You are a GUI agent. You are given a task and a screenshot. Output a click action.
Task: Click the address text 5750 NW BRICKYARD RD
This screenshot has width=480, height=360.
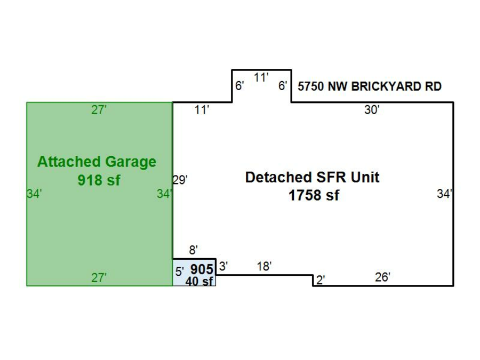[370, 86]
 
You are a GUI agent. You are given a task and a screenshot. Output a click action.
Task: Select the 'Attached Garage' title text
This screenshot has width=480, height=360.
[97, 162]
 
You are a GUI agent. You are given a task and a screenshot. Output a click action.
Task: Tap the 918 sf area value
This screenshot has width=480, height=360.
[99, 180]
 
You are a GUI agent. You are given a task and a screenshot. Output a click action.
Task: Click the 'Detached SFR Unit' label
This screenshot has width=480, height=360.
[313, 178]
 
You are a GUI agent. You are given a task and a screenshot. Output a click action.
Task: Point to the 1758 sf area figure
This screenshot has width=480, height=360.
[314, 196]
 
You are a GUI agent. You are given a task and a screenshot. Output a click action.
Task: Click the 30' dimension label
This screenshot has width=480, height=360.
[372, 110]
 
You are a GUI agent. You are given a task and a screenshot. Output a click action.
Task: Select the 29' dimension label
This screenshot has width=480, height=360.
[180, 180]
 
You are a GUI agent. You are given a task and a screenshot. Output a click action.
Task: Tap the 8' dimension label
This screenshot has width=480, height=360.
[194, 250]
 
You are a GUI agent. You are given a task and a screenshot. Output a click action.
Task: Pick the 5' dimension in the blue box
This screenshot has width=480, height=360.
[180, 271]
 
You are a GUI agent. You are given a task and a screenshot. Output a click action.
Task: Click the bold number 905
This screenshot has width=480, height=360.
[202, 269]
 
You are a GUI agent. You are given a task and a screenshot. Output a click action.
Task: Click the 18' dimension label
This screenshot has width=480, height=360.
[265, 267]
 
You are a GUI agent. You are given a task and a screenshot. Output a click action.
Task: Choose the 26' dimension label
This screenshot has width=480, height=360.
[382, 277]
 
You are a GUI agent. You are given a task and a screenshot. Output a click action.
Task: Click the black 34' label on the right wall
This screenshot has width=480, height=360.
[445, 194]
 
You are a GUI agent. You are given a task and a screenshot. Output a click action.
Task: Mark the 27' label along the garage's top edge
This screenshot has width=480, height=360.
[99, 110]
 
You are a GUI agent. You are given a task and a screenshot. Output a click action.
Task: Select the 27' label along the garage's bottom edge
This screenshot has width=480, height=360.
[99, 278]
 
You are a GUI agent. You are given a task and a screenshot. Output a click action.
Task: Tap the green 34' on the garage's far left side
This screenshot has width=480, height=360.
[34, 194]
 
